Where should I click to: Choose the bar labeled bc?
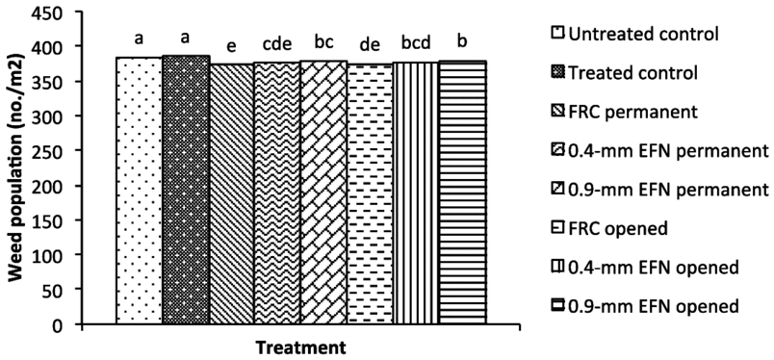(x=322, y=193)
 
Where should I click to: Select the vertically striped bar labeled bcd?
(x=415, y=193)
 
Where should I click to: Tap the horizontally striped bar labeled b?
(x=462, y=193)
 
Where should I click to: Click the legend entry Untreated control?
(x=644, y=36)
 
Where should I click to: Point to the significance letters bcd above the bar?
(x=415, y=44)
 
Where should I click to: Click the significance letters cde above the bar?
(x=276, y=44)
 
